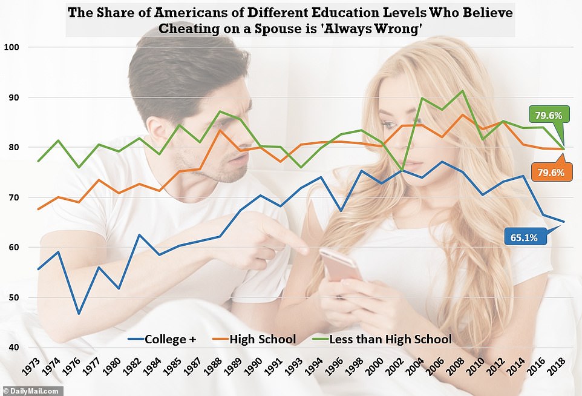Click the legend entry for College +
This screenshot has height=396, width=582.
tap(163, 339)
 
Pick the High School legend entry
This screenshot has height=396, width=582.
tap(257, 339)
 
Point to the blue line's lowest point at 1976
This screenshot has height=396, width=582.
tap(79, 314)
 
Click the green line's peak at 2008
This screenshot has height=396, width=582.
tap(462, 91)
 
